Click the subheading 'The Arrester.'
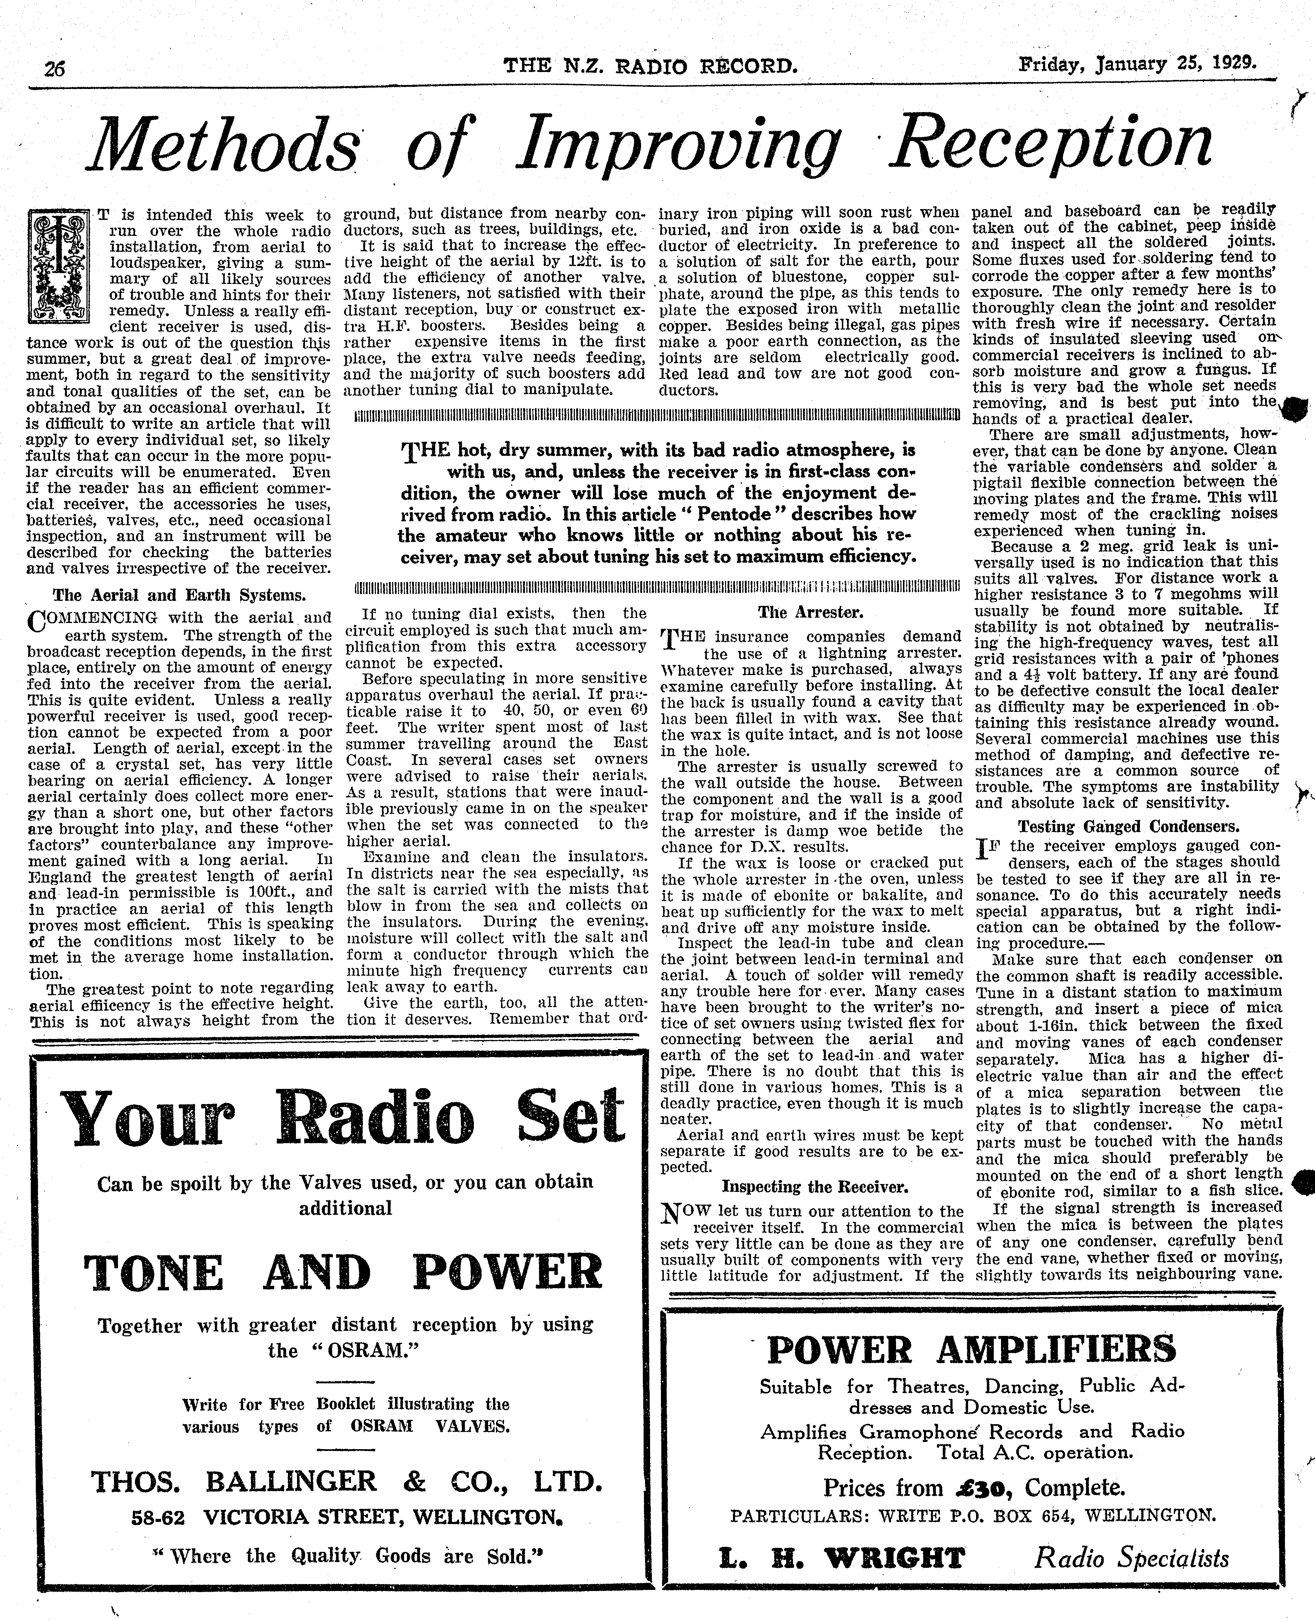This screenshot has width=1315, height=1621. point(810,612)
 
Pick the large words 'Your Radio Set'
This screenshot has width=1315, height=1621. point(342,1116)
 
